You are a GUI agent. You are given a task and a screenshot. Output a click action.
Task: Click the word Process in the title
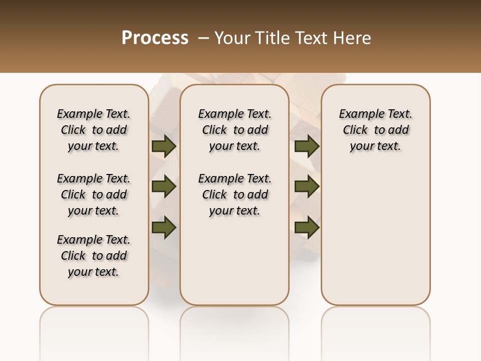155,38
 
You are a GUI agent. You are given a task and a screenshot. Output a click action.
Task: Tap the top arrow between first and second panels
164,146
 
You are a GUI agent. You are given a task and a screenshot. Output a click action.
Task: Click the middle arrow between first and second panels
164,187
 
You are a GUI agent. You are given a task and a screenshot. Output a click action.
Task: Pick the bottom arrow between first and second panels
164,227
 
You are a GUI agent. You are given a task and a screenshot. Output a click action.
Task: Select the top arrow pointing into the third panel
307,146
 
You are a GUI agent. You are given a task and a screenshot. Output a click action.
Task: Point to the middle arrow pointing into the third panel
307,187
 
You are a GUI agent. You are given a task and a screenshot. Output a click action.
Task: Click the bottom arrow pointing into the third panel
307,227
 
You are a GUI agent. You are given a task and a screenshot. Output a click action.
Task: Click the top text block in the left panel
94,130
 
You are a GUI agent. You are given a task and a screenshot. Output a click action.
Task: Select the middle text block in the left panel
94,195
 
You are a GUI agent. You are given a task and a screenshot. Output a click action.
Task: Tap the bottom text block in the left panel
94,256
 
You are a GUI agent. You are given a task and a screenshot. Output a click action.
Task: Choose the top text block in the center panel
234,130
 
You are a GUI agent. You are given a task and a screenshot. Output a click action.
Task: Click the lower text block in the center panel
234,195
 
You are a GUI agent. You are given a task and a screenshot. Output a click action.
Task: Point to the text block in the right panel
375,130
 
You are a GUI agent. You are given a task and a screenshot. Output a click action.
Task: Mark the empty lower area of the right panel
375,231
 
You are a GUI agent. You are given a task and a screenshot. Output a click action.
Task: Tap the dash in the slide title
203,38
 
